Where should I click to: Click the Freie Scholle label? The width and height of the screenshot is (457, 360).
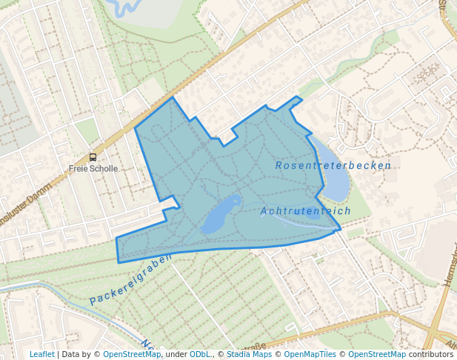[93, 168]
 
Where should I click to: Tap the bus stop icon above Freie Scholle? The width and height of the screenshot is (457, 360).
[93, 157]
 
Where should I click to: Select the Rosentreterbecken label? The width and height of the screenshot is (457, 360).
[333, 165]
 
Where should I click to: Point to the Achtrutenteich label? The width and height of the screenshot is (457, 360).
[305, 211]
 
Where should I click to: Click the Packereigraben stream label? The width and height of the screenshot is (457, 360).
[130, 279]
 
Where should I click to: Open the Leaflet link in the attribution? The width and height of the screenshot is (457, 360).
[41, 354]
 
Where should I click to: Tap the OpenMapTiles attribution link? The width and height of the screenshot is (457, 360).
[310, 354]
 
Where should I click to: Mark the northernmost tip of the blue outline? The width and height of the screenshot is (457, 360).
[173, 97]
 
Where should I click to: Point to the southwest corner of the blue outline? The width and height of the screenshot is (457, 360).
[119, 261]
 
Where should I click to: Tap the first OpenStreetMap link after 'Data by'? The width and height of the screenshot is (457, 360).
[132, 354]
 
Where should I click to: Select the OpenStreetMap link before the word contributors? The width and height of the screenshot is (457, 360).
[377, 354]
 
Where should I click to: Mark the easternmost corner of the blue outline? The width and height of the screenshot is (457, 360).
[340, 230]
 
